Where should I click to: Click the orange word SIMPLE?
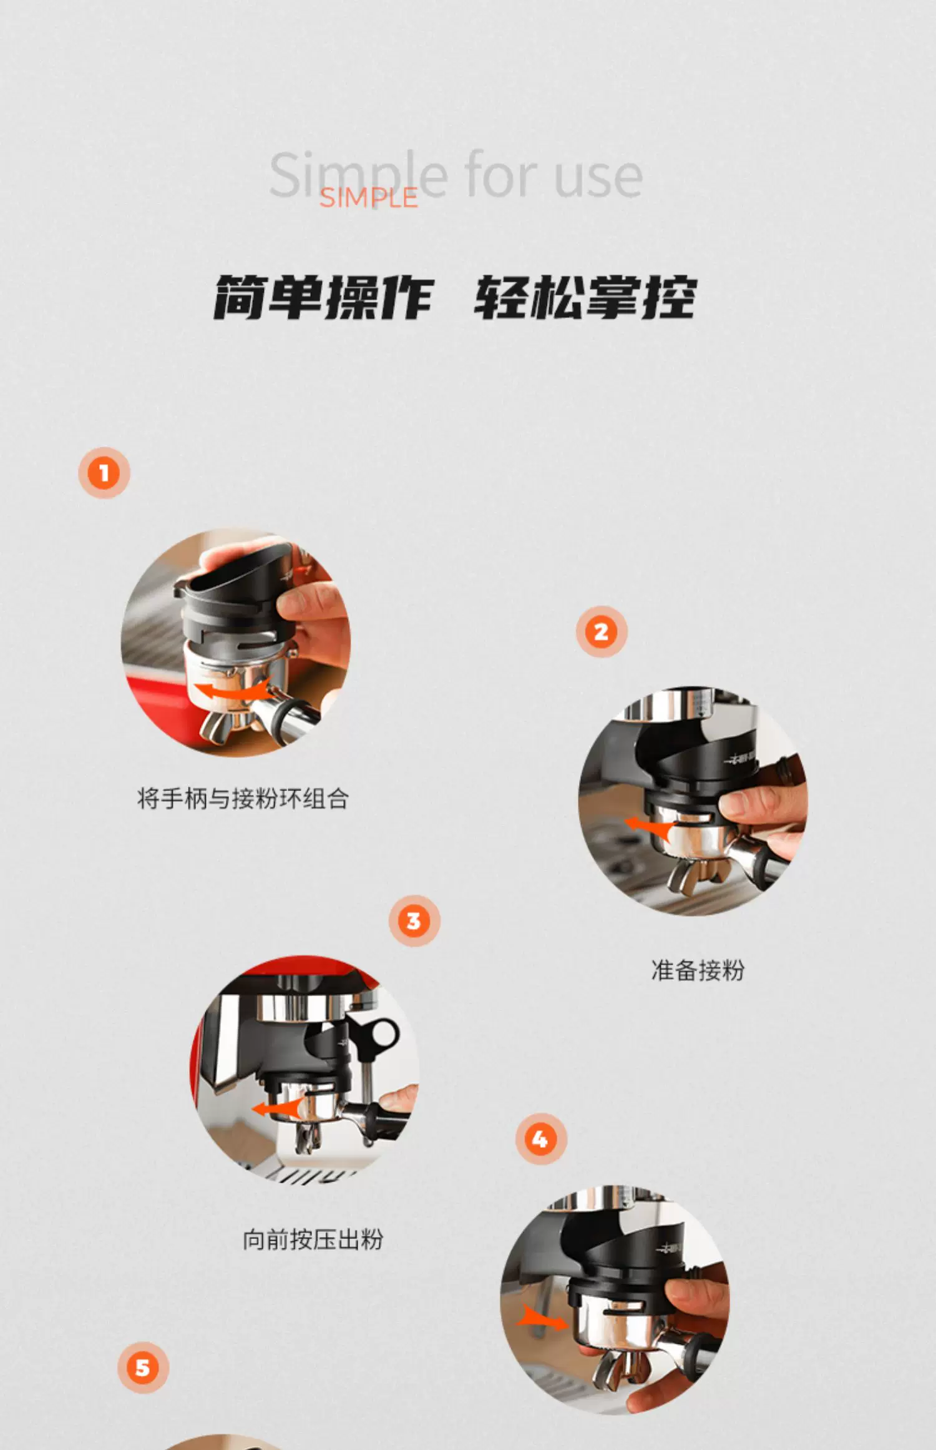click(368, 198)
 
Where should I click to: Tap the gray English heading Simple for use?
click(456, 175)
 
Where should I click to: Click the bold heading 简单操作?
click(323, 297)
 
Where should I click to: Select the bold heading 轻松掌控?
click(585, 297)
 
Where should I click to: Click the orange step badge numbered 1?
click(104, 473)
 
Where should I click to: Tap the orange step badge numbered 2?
click(602, 632)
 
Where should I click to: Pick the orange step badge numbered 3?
click(414, 921)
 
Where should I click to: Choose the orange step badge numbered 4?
click(540, 1139)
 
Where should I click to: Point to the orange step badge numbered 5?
click(143, 1368)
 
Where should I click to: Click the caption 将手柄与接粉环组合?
click(243, 799)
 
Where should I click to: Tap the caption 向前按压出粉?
click(313, 1240)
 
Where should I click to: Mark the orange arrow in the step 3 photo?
click(276, 1109)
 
